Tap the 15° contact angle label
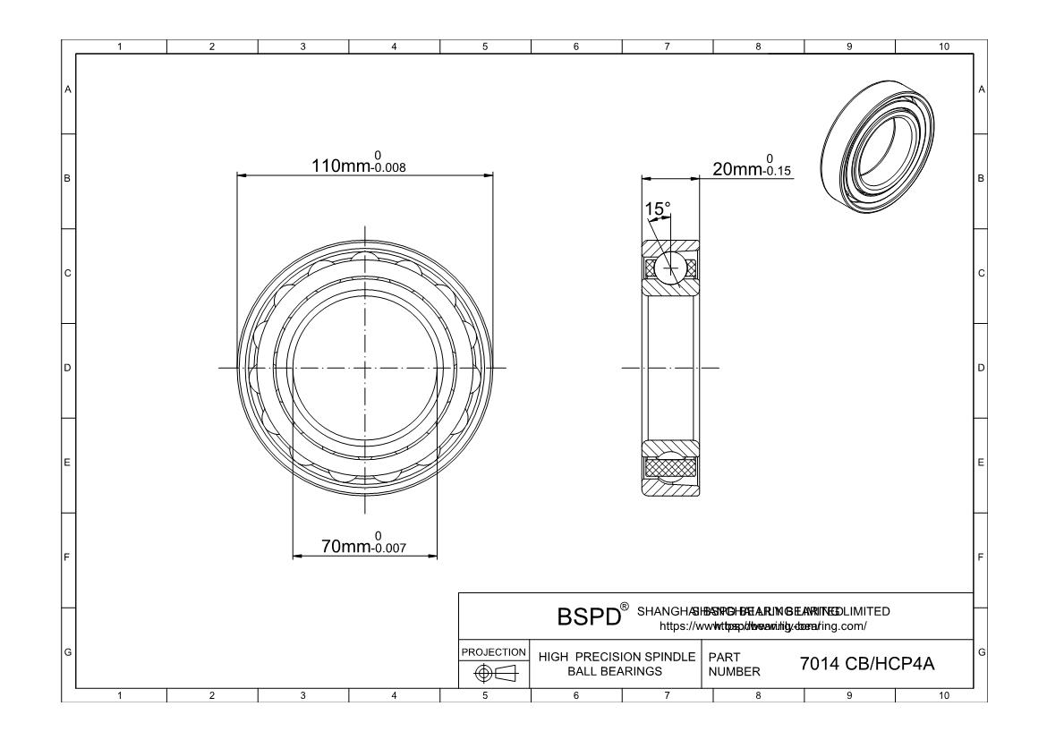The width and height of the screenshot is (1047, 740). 658,209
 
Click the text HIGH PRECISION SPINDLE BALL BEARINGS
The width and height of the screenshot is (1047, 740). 616,665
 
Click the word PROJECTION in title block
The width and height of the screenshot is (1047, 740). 494,651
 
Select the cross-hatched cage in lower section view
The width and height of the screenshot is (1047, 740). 669,467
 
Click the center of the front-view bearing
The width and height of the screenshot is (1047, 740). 365,368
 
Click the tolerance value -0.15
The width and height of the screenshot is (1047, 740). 775,173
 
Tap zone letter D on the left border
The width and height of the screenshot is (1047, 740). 68,368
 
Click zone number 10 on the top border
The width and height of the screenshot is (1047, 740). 941,47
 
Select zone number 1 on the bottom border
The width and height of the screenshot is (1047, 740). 121,695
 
